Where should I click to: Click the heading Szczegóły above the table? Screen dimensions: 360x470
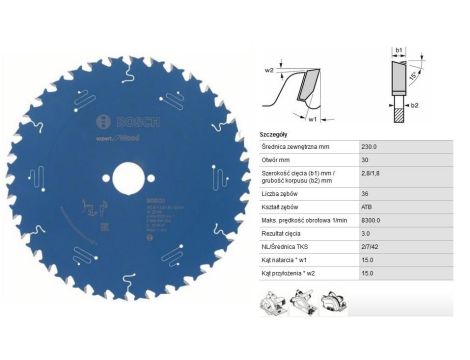click(276, 132)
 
